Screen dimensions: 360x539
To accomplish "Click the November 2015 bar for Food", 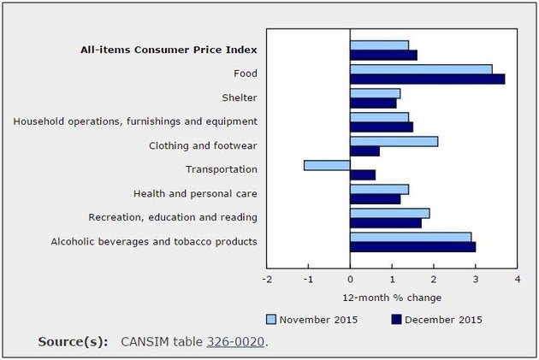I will click(421, 69).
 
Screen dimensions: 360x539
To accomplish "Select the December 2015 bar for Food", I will click(427, 80).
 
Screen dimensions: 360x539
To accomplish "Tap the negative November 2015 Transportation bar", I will click(327, 165).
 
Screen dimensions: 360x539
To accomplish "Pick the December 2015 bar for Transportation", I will click(363, 175).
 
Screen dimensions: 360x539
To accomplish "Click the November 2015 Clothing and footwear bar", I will click(394, 141).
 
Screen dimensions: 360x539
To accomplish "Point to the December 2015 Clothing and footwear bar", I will click(364, 151).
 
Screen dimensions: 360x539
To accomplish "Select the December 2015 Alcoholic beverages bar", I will click(412, 247).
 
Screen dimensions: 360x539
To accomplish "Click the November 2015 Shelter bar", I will click(375, 93).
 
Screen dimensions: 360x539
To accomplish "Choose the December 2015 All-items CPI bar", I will click(383, 56).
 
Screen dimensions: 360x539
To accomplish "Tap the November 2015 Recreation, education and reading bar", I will click(389, 213).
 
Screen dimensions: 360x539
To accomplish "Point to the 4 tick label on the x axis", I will click(518, 279).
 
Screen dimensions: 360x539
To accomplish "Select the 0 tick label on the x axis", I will click(350, 279).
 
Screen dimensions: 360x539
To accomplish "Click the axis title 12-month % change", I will click(392, 298).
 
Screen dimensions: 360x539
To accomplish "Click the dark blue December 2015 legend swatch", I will click(396, 320).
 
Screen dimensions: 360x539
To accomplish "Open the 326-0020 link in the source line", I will click(234, 342).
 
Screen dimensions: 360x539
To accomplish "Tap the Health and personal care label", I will click(195, 194).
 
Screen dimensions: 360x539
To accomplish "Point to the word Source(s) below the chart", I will click(73, 342).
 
